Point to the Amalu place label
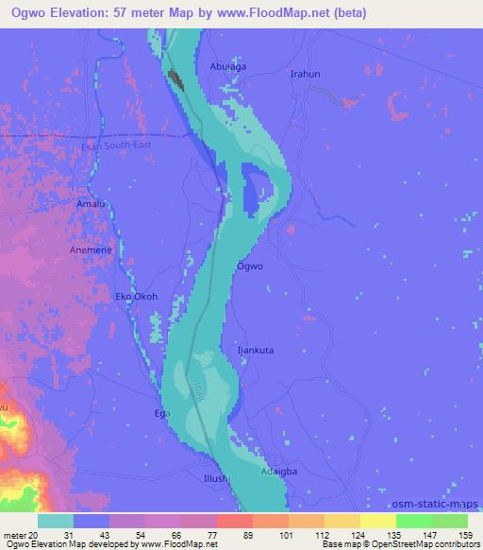click(x=90, y=204)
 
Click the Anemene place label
click(x=91, y=250)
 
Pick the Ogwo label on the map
click(x=250, y=266)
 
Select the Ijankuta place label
click(x=255, y=350)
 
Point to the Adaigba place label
click(x=282, y=469)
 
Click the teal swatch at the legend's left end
click(x=57, y=521)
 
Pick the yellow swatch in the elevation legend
click(x=378, y=521)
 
